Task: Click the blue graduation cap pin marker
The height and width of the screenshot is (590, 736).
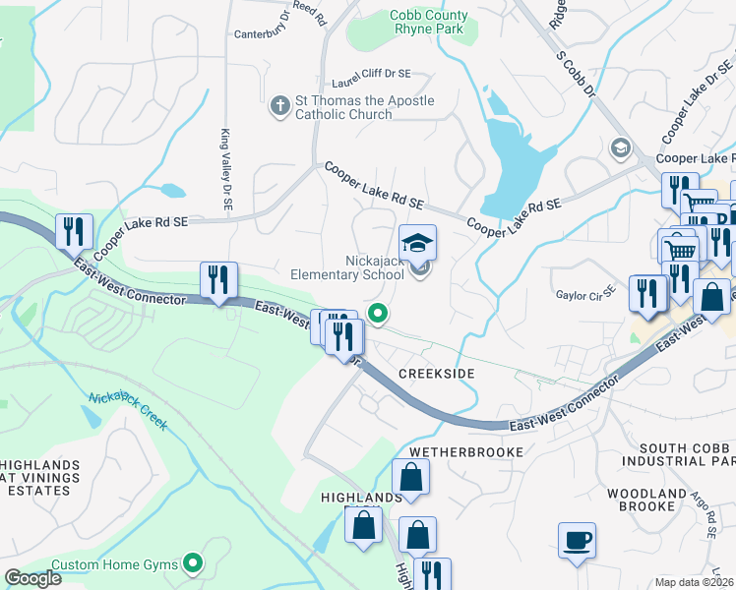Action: (417, 242)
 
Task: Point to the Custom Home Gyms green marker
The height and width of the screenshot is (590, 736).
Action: (194, 564)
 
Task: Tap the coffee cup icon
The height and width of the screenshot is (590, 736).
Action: (577, 540)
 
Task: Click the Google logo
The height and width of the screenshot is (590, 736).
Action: (32, 578)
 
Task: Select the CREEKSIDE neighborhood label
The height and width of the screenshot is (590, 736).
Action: (436, 374)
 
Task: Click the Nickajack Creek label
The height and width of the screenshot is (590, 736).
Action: (128, 413)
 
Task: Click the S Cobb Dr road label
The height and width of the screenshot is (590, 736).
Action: (577, 75)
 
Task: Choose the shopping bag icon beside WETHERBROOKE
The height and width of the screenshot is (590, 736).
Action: (409, 479)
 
